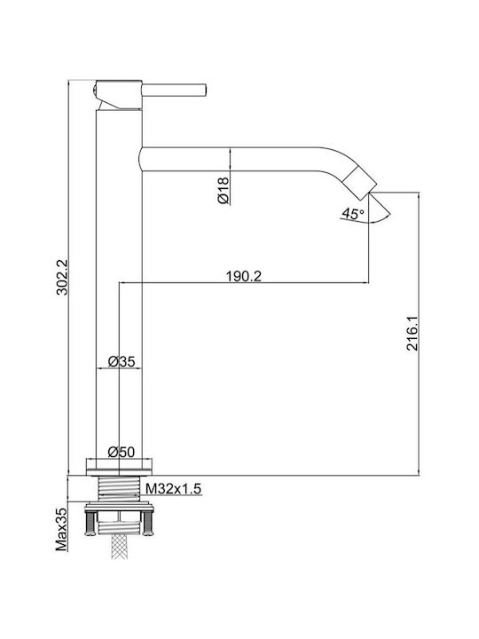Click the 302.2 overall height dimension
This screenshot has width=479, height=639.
pyautogui.click(x=62, y=277)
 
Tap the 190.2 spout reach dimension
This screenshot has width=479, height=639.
pyautogui.click(x=244, y=276)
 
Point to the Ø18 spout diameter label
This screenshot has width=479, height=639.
pyautogui.click(x=224, y=190)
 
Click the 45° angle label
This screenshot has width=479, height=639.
pyautogui.click(x=353, y=213)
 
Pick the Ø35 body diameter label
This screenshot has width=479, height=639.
pyautogui.click(x=121, y=361)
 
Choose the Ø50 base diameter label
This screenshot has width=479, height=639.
pyautogui.click(x=121, y=452)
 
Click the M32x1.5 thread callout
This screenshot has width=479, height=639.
pyautogui.click(x=174, y=488)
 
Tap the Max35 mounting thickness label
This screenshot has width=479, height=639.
pyautogui.click(x=61, y=529)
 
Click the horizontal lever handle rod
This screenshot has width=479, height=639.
pyautogui.click(x=175, y=91)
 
